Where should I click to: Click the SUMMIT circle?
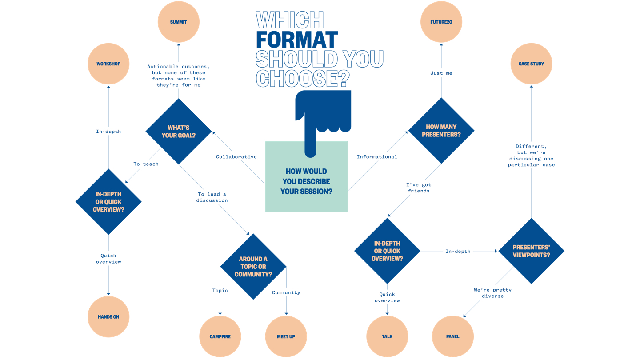pyautogui.click(x=178, y=22)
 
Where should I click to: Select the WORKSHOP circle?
pyautogui.click(x=108, y=64)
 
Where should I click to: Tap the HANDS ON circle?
pyautogui.click(x=108, y=317)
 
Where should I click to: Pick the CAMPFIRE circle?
pyautogui.click(x=220, y=336)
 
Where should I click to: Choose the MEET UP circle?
pyautogui.click(x=286, y=336)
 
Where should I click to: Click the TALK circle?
pyautogui.click(x=387, y=336)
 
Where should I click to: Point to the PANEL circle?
pyautogui.click(x=453, y=336)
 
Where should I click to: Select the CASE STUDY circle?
pyautogui.click(x=531, y=64)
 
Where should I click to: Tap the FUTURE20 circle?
pyautogui.click(x=441, y=22)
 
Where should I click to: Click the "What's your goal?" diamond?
pyautogui.click(x=179, y=131)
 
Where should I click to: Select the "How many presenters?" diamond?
pyautogui.click(x=441, y=131)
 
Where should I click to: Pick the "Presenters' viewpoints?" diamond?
pyautogui.click(x=531, y=251)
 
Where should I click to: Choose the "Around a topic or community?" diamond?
pyautogui.click(x=253, y=266)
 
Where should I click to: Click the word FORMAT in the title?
pyautogui.click(x=297, y=40)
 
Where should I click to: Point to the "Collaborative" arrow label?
pyautogui.click(x=236, y=157)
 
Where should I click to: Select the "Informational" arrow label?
pyautogui.click(x=377, y=157)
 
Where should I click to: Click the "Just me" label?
pyautogui.click(x=441, y=73)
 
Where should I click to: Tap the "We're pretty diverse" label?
pyautogui.click(x=492, y=293)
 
